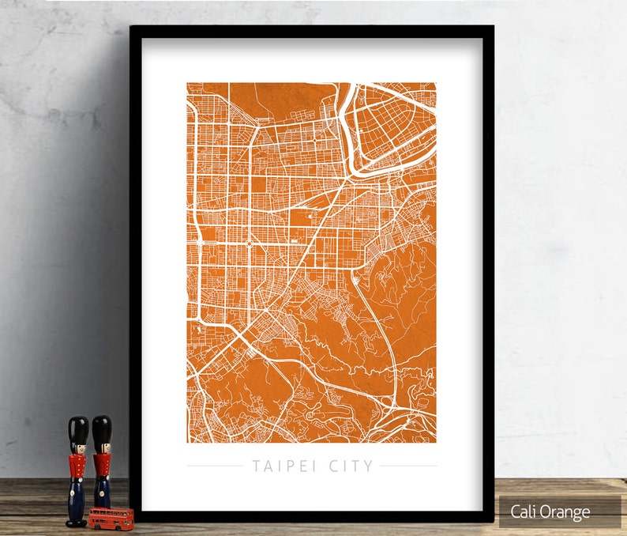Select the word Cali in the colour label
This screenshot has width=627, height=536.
[524, 511]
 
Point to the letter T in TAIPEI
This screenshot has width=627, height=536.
[256, 466]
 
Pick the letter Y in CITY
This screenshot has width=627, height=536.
[369, 466]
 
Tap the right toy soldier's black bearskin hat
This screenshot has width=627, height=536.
[102, 428]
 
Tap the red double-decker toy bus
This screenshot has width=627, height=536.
[111, 518]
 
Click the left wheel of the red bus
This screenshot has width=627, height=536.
[97, 525]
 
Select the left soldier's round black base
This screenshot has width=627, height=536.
[76, 523]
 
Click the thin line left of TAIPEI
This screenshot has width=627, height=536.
[216, 466]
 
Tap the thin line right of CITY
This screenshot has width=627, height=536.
[408, 466]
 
